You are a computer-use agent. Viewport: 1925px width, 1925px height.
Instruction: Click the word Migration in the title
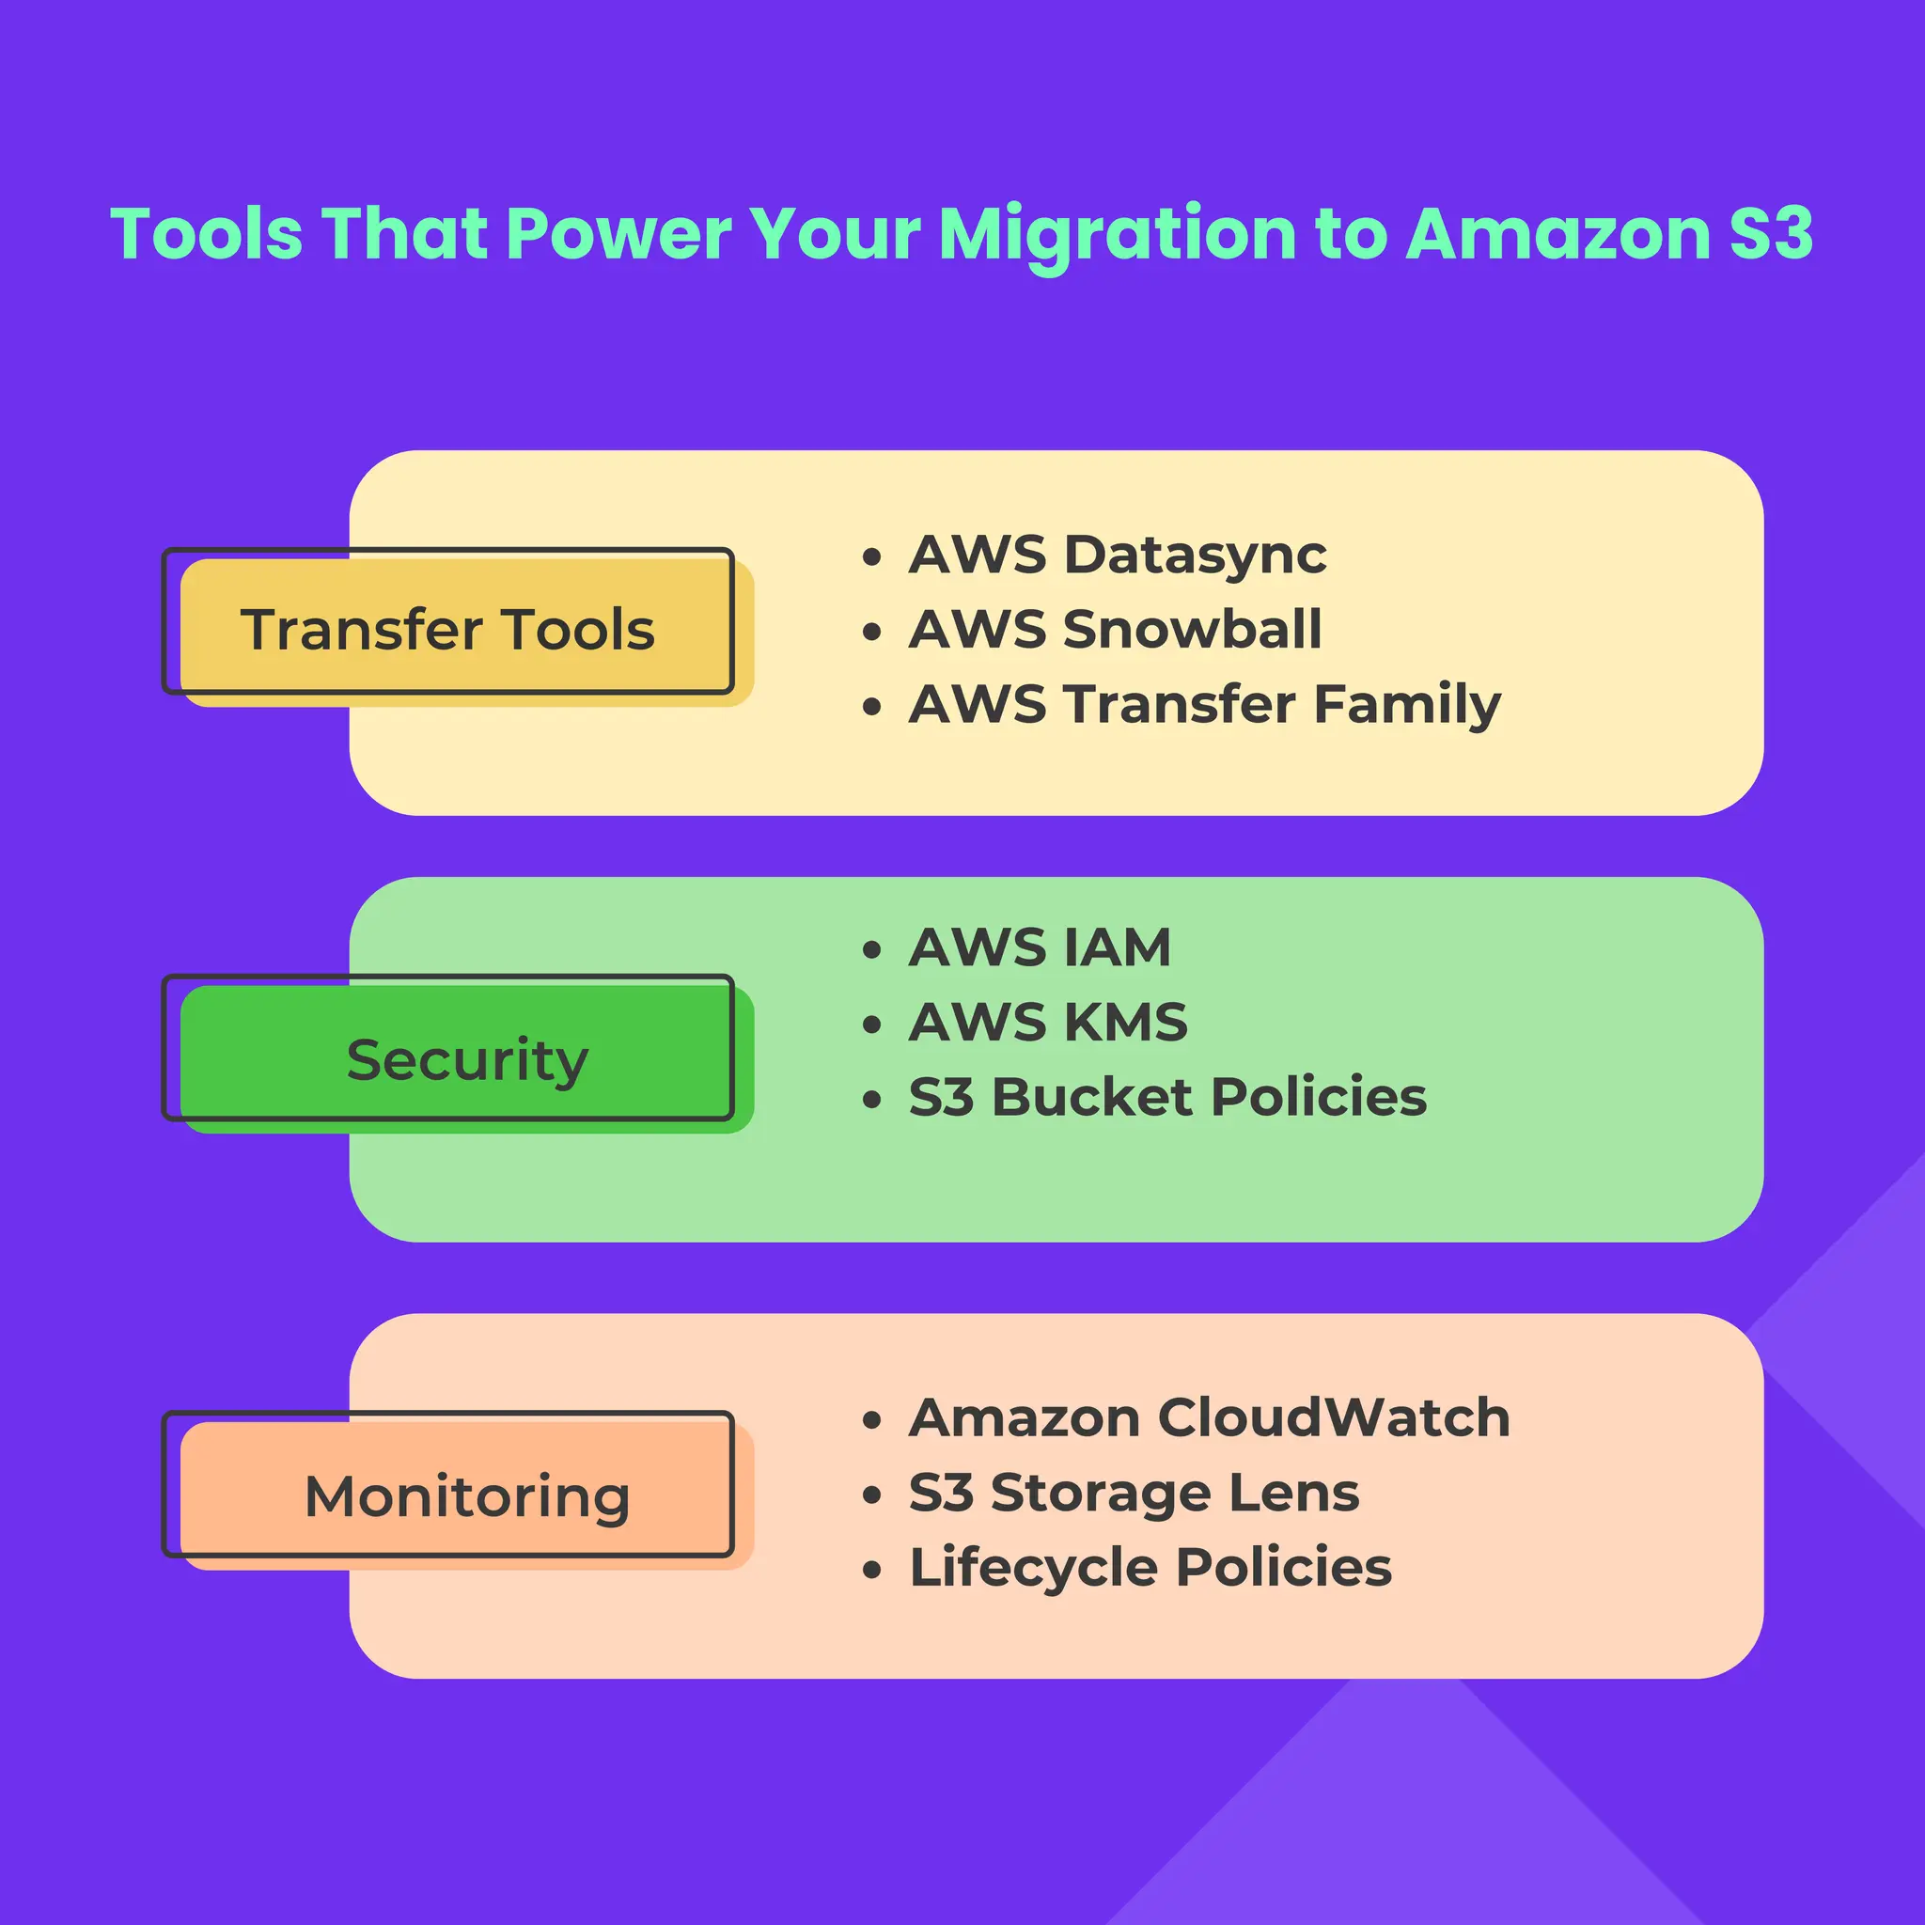tap(1117, 235)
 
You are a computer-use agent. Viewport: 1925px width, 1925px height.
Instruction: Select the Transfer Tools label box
tap(448, 630)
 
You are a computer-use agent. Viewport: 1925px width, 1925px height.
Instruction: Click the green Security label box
tap(466, 1058)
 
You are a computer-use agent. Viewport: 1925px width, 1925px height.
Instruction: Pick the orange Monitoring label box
tap(466, 1495)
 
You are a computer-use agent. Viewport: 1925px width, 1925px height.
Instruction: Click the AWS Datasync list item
tap(1117, 555)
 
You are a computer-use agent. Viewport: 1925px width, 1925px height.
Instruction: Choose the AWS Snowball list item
tap(1115, 630)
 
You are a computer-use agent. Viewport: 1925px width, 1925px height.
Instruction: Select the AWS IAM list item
tap(1040, 947)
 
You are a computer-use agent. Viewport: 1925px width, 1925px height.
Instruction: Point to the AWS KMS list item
tap(1047, 1023)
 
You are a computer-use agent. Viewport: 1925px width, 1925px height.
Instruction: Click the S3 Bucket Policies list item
tap(1166, 1097)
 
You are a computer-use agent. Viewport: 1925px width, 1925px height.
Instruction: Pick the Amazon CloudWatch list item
tap(1209, 1417)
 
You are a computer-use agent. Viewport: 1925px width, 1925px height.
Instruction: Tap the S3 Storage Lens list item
tap(1134, 1493)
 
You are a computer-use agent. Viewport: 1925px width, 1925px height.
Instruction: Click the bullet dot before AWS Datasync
tap(872, 557)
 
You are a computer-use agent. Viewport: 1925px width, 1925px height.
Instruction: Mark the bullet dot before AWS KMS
tap(872, 1025)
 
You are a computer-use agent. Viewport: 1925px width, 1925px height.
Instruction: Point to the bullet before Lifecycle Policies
tap(872, 1571)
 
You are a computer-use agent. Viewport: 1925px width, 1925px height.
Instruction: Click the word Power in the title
tap(618, 235)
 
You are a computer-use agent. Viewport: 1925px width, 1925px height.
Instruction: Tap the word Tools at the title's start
tap(206, 235)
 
